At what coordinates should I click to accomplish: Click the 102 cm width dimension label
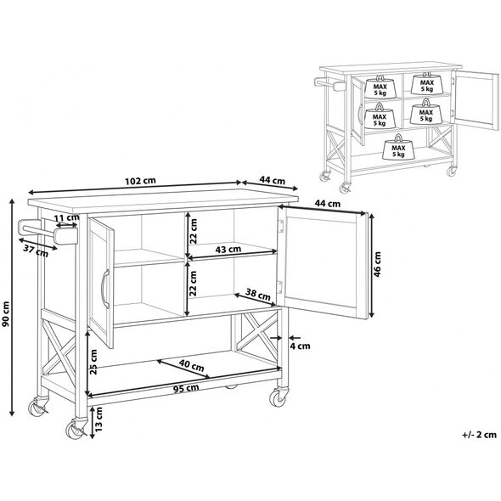pos(140,181)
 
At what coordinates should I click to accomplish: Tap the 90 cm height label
pos(6,314)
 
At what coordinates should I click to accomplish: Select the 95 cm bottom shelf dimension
pos(186,389)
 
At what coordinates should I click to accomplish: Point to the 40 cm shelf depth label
pos(191,365)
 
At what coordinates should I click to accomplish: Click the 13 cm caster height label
pos(99,419)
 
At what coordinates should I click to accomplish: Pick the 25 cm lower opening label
pos(93,362)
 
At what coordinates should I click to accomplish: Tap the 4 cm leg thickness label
pos(300,346)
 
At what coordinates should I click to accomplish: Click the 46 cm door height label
pos(377,264)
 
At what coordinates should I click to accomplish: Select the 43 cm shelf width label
pos(228,249)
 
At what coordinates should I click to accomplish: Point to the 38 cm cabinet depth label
pos(257,294)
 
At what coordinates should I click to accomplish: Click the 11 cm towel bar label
pos(66,217)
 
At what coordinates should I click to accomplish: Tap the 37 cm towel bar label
pos(36,250)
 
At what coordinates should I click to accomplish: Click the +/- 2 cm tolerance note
pos(479,435)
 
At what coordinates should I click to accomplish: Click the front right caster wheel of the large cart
pos(278,397)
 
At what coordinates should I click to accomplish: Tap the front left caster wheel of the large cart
pos(76,429)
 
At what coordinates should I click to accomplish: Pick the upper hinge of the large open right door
pos(281,226)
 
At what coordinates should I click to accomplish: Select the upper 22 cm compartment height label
pos(194,231)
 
